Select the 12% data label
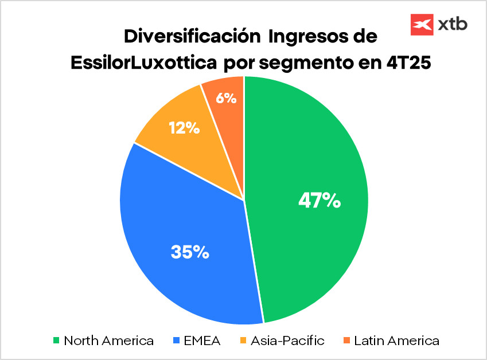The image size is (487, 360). pyautogui.click(x=184, y=128)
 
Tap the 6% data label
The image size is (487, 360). pyautogui.click(x=226, y=98)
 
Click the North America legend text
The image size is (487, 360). pyautogui.click(x=108, y=341)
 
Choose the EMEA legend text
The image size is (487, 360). pyautogui.click(x=202, y=341)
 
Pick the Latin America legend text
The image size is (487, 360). pyautogui.click(x=396, y=341)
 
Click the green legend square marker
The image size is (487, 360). pyautogui.click(x=56, y=341)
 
